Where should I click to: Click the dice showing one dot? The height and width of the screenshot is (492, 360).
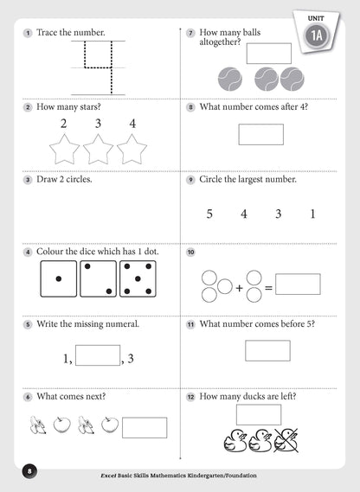pos(59,279)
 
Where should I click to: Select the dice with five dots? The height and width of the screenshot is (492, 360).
pos(137,279)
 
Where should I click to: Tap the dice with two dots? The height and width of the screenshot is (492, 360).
pos(98,279)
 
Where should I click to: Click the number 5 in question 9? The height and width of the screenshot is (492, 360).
pos(209,214)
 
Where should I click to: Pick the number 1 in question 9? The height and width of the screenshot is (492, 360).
pos(312,214)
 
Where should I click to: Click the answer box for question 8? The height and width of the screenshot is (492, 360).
pos(260,134)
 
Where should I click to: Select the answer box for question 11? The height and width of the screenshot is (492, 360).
pos(267,349)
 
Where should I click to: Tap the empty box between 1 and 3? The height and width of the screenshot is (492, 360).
pos(98,355)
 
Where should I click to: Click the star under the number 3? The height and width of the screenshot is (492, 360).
pos(98,150)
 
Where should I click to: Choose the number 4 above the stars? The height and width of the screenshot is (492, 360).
pos(132,124)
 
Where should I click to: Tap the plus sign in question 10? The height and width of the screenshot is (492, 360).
pos(239,285)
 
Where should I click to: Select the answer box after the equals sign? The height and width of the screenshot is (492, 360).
pos(297,284)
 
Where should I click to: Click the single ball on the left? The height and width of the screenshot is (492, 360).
pos(231,79)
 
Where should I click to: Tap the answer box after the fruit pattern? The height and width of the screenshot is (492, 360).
pos(145,427)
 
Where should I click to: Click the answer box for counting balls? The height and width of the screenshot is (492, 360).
pos(269,53)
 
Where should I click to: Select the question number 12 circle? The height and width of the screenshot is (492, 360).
pos(190,397)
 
